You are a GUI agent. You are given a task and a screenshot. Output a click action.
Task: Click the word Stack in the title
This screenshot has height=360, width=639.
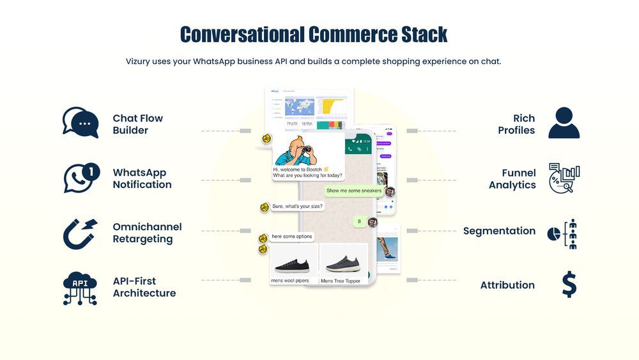click(416, 34)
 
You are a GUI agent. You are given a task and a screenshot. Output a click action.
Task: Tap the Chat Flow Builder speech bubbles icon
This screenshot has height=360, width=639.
click(81, 123)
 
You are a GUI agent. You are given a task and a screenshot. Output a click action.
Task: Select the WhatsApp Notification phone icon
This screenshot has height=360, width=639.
click(81, 178)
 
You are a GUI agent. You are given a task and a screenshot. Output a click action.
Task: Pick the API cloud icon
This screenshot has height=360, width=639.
click(81, 288)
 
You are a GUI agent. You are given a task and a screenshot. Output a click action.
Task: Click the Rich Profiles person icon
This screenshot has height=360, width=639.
click(564, 123)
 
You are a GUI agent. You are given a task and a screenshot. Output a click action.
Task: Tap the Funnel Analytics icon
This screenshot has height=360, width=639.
click(564, 178)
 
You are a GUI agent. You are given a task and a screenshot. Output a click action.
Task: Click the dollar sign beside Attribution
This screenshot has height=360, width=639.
click(569, 285)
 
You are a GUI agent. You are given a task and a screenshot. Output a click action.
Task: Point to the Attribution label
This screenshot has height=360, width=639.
click(507, 285)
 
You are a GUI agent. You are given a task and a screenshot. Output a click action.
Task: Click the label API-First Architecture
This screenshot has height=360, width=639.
click(144, 287)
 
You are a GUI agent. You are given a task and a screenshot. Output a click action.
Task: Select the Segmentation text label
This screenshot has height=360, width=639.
click(499, 231)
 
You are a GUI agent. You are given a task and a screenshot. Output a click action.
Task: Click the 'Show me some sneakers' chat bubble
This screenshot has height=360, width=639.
click(353, 191)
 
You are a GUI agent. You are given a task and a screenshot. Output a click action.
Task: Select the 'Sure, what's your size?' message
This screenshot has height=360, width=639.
click(298, 207)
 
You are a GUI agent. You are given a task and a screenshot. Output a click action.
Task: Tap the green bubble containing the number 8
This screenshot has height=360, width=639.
click(359, 222)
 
